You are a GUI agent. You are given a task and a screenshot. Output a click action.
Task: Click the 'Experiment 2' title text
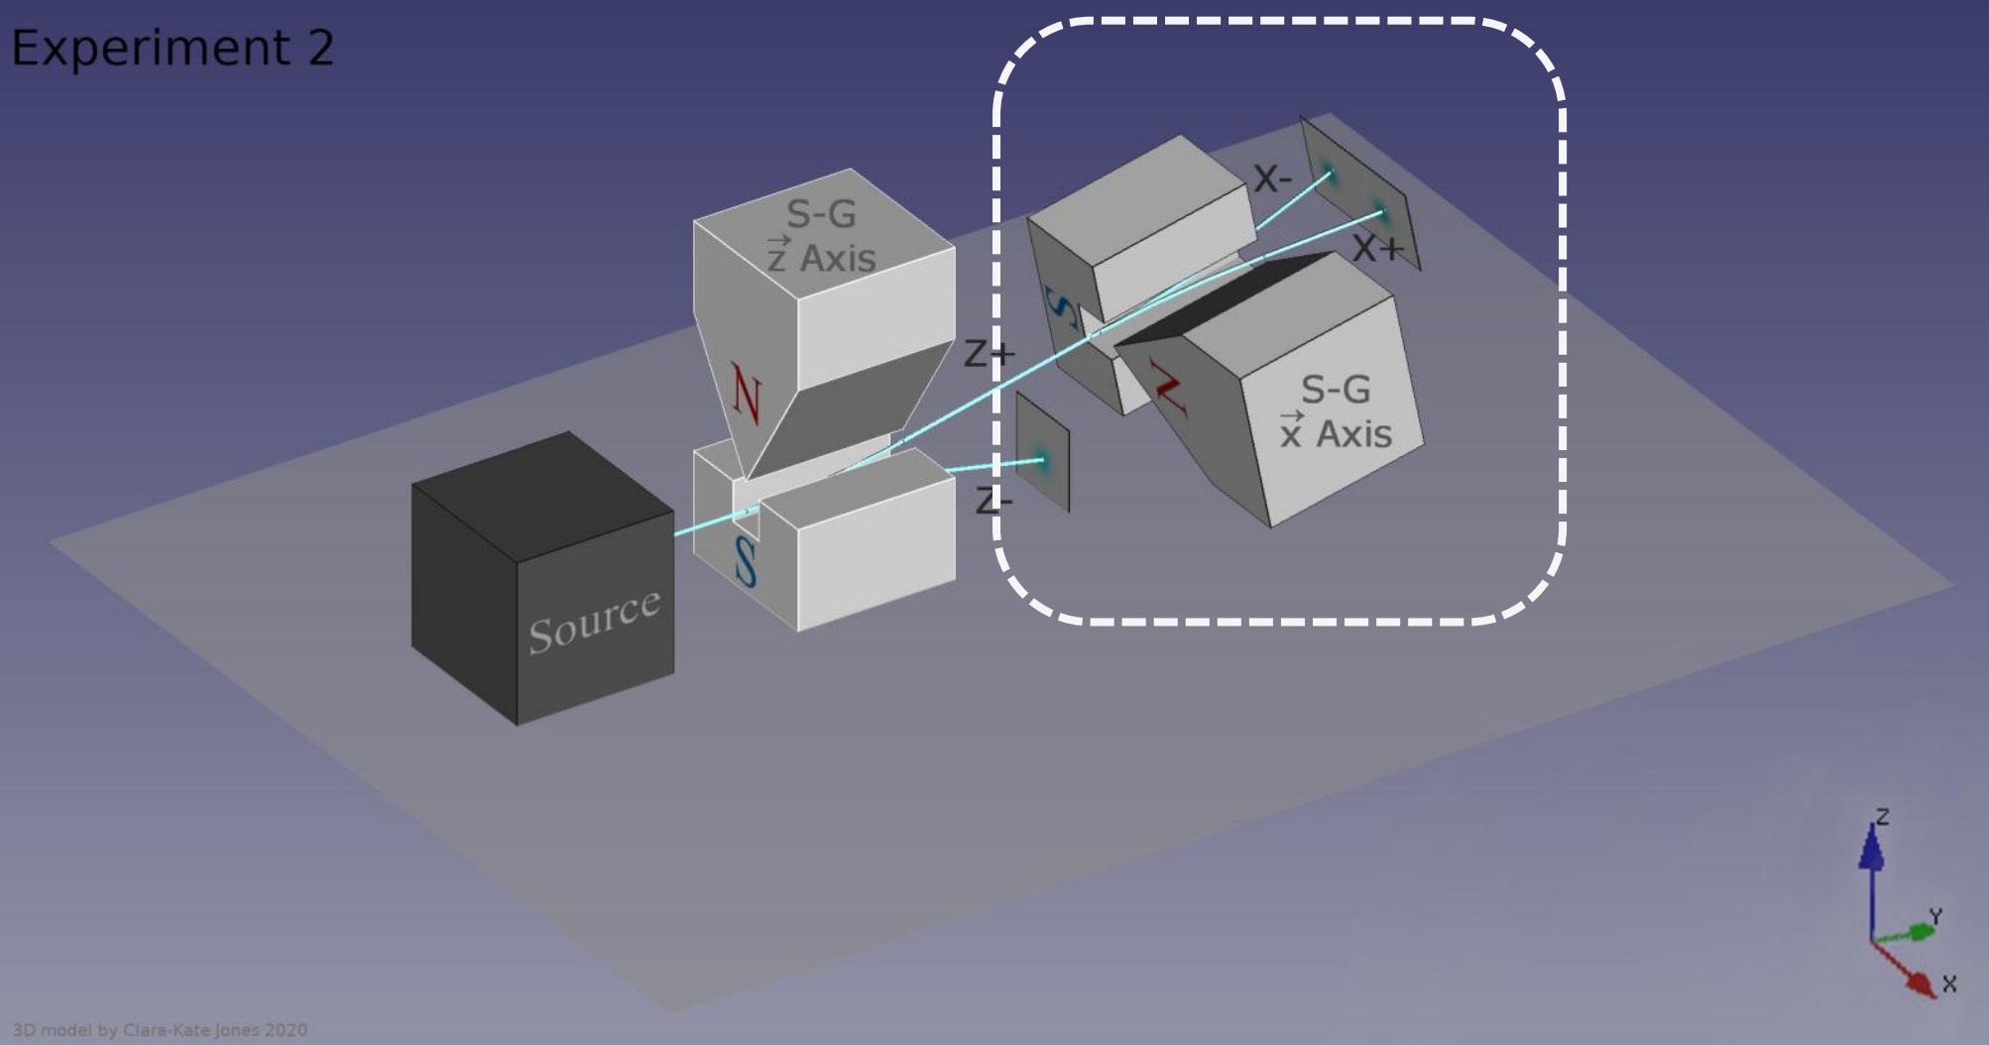[173, 48]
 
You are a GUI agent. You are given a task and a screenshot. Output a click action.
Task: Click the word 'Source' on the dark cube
[594, 620]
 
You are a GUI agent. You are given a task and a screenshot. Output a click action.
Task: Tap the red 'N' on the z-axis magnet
[747, 394]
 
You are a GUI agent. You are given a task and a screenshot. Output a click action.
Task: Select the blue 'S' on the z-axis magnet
[746, 562]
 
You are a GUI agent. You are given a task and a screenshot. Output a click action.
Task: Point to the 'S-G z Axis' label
[822, 236]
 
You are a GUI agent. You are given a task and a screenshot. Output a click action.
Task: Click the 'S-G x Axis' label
[1336, 411]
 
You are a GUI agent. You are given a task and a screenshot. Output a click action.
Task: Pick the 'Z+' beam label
[990, 353]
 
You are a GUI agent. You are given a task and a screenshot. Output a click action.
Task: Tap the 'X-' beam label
[1272, 178]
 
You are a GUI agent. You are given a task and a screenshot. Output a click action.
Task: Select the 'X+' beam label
[1378, 247]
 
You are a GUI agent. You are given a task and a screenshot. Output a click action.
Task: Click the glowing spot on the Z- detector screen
[1041, 459]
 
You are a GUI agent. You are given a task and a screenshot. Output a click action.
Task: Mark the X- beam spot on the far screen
[1330, 175]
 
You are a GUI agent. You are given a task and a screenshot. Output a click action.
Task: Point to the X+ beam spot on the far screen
[1381, 212]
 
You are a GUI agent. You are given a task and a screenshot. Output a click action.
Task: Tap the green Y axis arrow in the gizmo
[1905, 933]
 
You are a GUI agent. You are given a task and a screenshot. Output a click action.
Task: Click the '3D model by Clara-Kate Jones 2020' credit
[160, 1030]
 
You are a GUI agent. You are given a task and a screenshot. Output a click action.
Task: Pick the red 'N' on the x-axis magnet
[1168, 388]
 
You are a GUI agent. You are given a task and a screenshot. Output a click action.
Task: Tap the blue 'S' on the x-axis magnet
[1062, 308]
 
